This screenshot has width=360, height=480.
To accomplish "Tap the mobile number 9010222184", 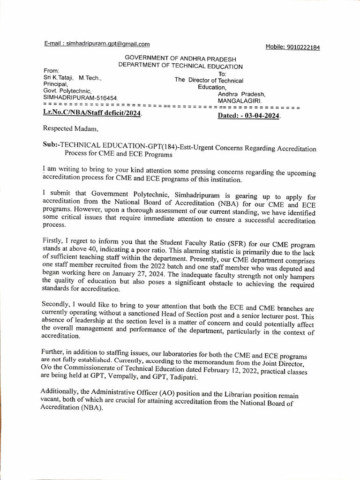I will (x=303, y=47).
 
